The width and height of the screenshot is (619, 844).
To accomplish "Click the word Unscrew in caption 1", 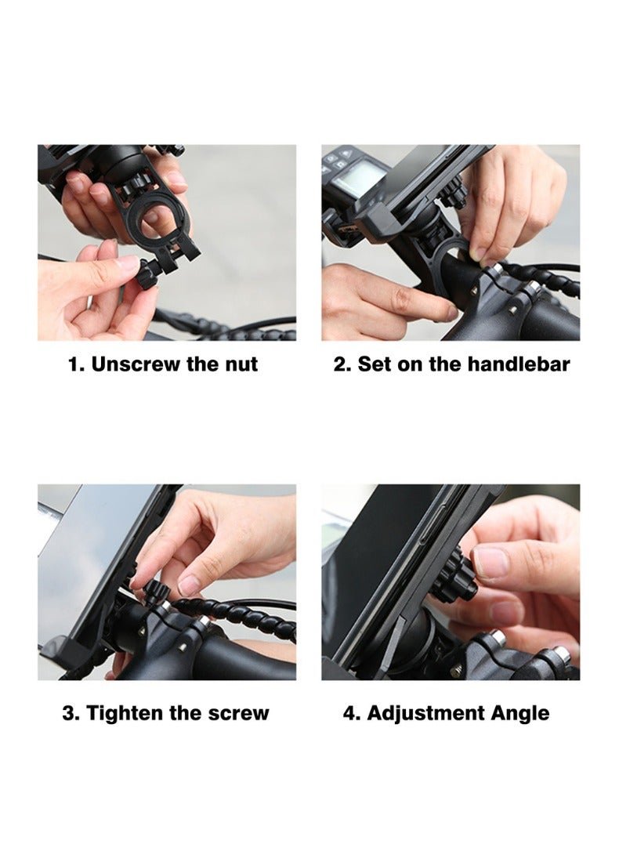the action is [x=136, y=364].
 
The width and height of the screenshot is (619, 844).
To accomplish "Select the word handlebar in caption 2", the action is [x=518, y=364].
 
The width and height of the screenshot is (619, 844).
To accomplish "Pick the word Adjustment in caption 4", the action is [x=425, y=713].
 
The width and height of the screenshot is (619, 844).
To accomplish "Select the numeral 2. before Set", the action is [x=343, y=364].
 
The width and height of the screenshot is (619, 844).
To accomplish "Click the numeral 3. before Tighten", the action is [x=71, y=713].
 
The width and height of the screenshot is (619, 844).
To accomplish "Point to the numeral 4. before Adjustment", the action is [x=352, y=713].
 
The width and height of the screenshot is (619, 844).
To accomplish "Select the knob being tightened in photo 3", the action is [x=154, y=593].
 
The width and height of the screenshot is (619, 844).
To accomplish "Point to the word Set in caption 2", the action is [x=375, y=364].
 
